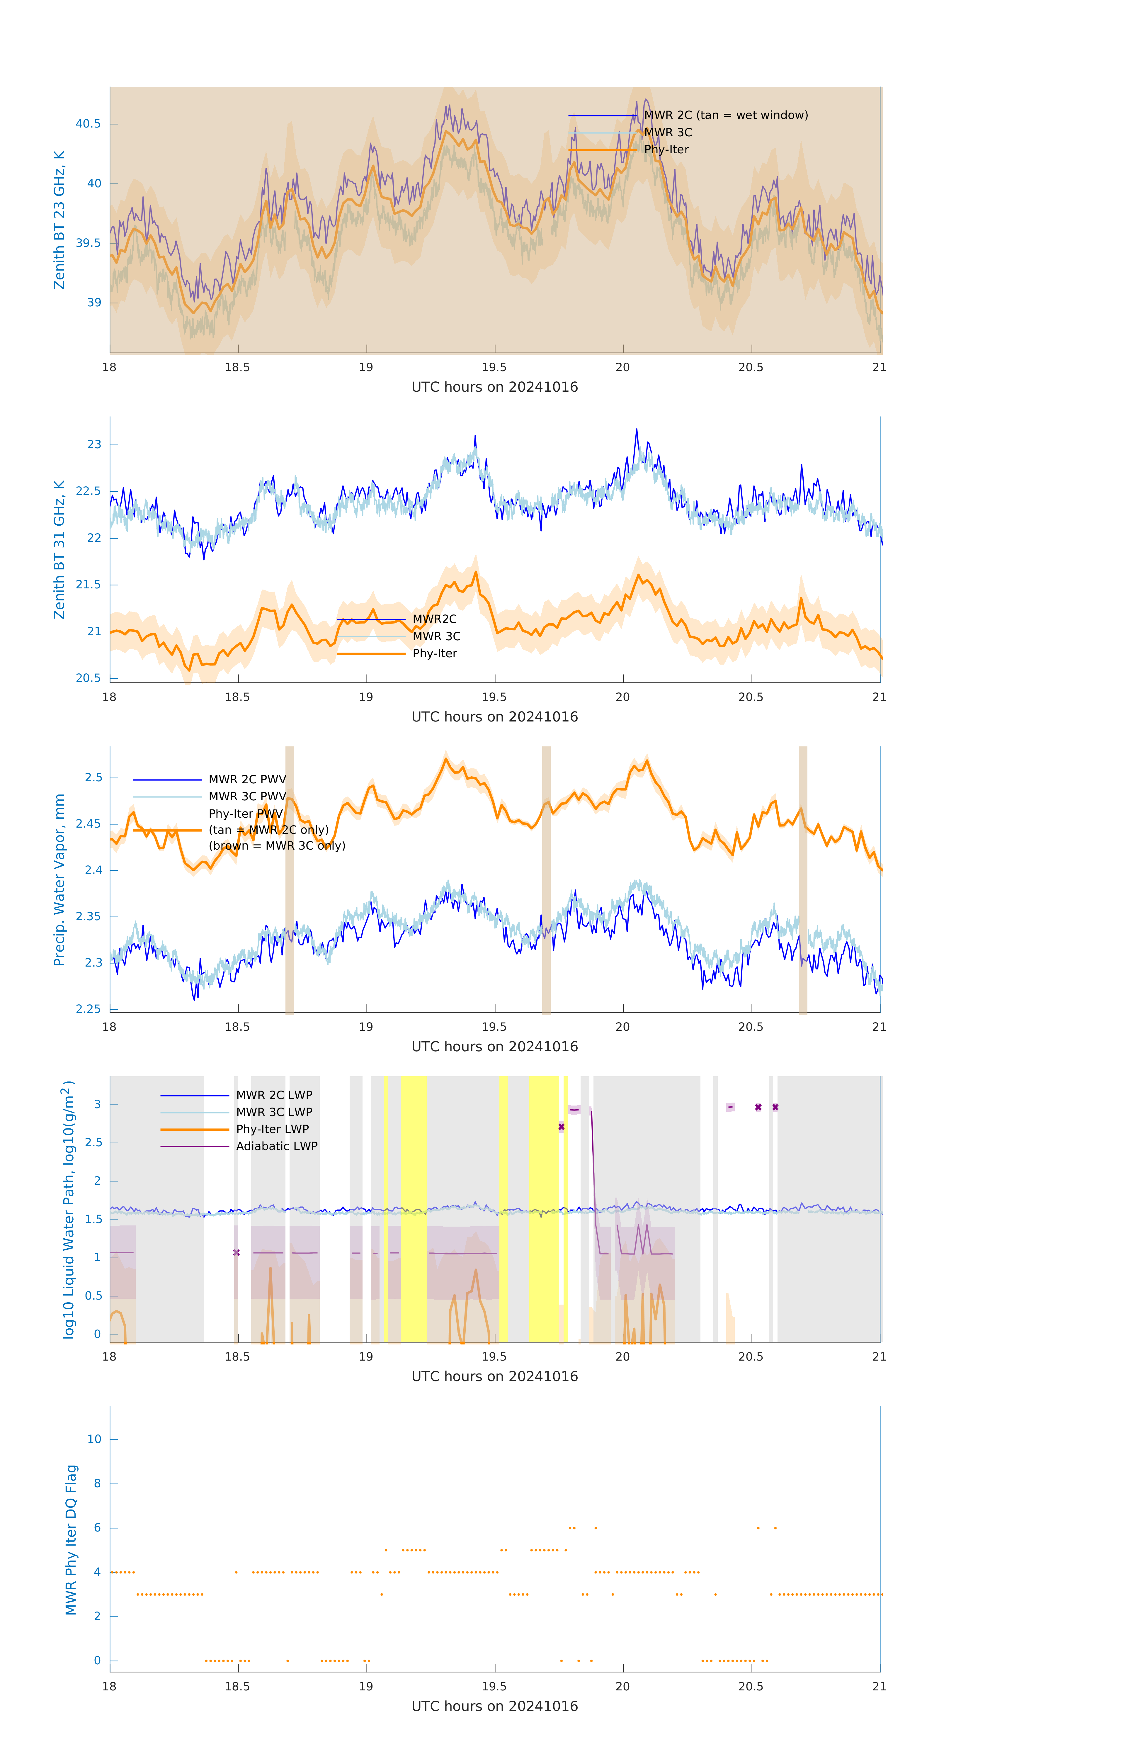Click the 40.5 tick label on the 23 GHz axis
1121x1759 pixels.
point(89,123)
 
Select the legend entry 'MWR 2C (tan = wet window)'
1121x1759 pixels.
point(725,116)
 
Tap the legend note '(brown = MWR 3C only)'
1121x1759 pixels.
point(277,846)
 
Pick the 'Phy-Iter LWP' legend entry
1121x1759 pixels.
point(272,1129)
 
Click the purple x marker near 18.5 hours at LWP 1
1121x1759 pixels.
point(236,1253)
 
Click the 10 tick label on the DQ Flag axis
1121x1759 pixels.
point(94,1439)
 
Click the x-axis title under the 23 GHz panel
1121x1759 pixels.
point(494,387)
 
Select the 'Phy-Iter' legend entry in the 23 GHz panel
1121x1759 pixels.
point(666,150)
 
